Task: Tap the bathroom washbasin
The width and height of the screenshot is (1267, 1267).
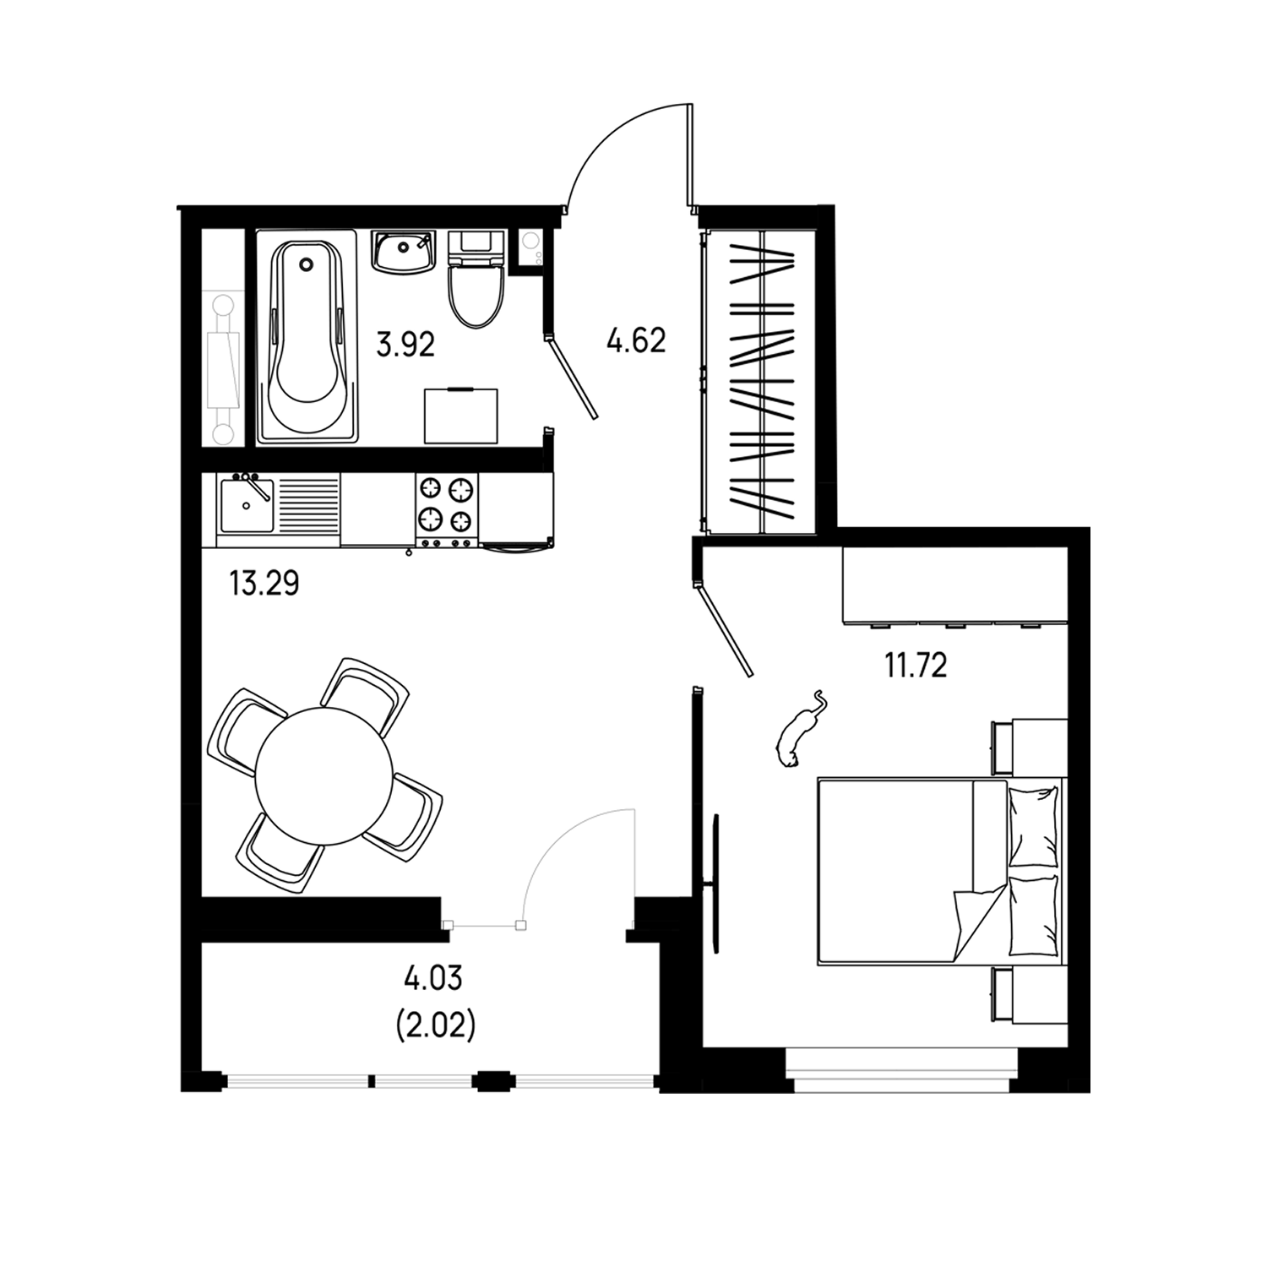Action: coord(403,252)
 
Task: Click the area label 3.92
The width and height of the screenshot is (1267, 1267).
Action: coord(405,345)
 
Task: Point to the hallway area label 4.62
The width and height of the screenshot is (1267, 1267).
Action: coord(636,340)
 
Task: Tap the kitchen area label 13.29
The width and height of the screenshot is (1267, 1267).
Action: coord(264,584)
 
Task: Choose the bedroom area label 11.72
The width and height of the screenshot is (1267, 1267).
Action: coord(916,666)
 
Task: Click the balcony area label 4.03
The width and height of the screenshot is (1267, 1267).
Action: coord(433,980)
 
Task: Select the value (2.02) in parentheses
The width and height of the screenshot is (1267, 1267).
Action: coord(435,1026)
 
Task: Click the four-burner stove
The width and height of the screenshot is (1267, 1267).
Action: coord(446,509)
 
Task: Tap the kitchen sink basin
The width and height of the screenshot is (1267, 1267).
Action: coord(246,505)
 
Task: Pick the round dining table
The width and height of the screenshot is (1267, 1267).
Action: coord(324,775)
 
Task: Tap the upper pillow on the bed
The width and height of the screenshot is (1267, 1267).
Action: coord(1034,825)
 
